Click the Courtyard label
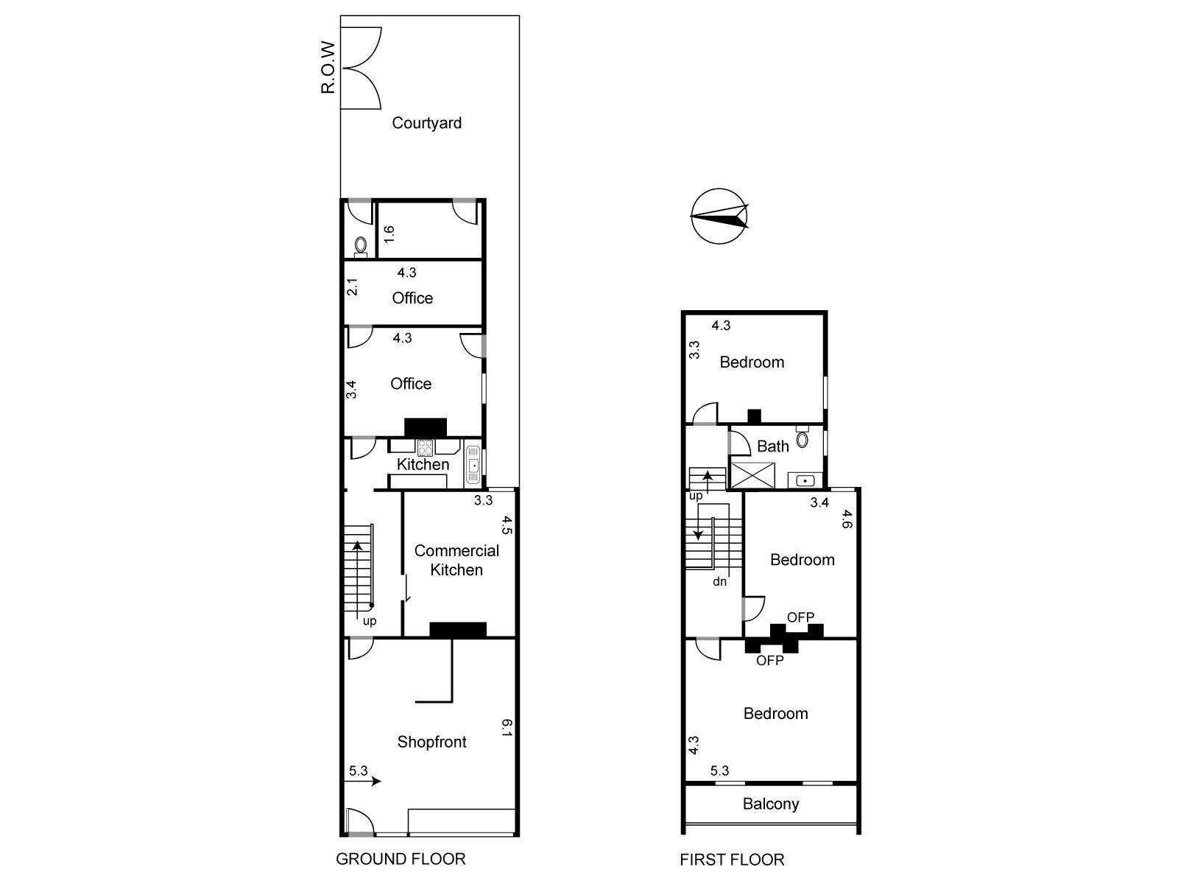[x=426, y=123]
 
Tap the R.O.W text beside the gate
[x=328, y=68]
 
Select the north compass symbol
[x=719, y=217]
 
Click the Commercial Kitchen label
[x=456, y=560]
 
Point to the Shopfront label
[x=432, y=742]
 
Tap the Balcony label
[x=771, y=804]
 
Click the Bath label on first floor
[x=773, y=446]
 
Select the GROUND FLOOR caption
[x=401, y=859]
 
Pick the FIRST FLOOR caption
[x=732, y=859]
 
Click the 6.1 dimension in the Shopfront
[x=507, y=728]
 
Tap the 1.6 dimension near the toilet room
[x=389, y=234]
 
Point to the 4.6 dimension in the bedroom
[x=846, y=519]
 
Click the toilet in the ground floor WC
[x=361, y=245]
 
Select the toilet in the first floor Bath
[x=803, y=438]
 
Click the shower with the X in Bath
[x=753, y=476]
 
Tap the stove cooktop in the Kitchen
[x=425, y=448]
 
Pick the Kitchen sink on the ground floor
[x=473, y=465]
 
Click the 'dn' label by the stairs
[x=719, y=581]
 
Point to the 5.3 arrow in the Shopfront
[x=362, y=781]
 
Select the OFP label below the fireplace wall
[x=770, y=661]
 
